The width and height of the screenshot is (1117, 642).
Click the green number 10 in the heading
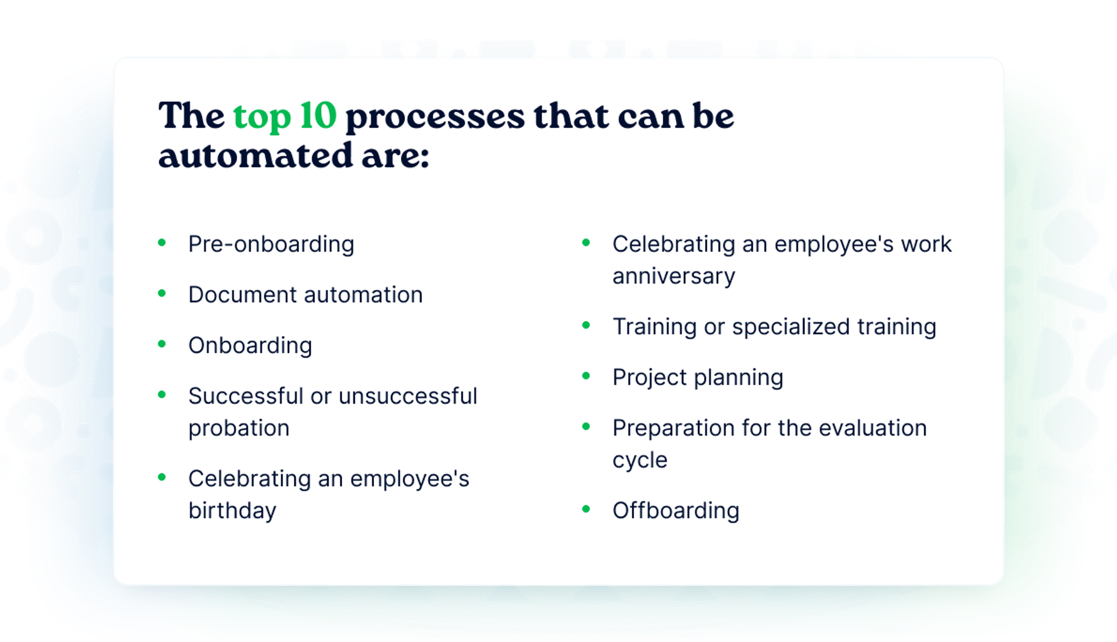click(x=318, y=115)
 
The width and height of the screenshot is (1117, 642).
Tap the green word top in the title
click(x=262, y=117)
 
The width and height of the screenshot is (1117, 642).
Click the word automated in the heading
click(x=255, y=156)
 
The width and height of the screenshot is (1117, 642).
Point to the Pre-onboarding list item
click(x=271, y=244)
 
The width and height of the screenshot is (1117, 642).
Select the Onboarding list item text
click(x=250, y=346)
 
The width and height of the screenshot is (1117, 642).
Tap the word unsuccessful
click(x=408, y=396)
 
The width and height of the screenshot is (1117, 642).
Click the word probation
click(x=239, y=429)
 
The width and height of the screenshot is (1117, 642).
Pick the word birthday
click(x=233, y=511)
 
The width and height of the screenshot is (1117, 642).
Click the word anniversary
click(x=674, y=276)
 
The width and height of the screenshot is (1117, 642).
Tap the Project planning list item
click(x=698, y=378)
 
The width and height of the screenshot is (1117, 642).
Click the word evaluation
click(x=873, y=428)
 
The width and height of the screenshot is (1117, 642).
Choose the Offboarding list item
click(x=676, y=511)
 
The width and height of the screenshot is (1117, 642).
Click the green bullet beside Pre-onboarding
click(x=162, y=242)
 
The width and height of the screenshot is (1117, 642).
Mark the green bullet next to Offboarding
click(x=586, y=509)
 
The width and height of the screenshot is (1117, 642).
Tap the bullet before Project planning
click(x=586, y=376)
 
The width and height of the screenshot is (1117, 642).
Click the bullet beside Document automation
click(x=162, y=293)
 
